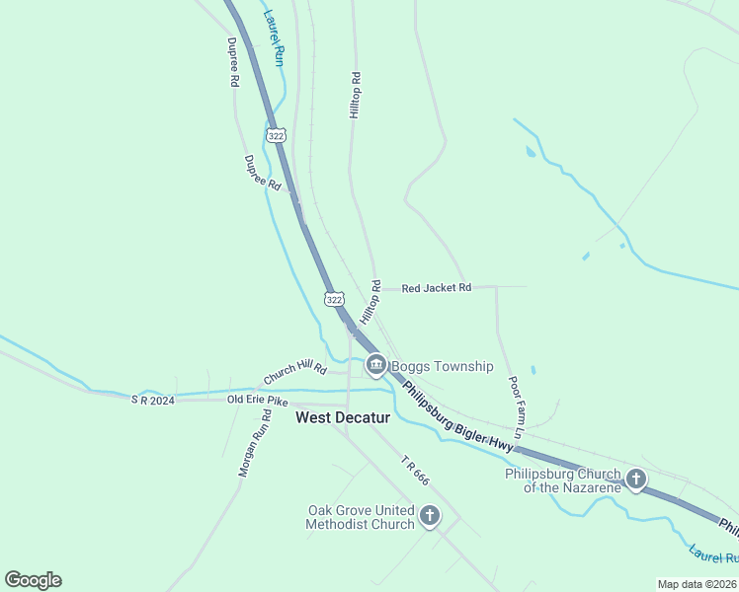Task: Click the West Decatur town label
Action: [343, 418]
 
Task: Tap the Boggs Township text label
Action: [442, 367]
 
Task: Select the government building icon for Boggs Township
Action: [375, 367]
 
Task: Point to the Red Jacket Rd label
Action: [436, 288]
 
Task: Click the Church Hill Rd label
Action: [294, 373]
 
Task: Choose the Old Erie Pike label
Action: [258, 400]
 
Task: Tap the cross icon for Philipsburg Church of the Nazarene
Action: [636, 481]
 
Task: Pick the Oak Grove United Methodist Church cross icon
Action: [430, 515]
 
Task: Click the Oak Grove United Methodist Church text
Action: [361, 517]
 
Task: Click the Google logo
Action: [34, 580]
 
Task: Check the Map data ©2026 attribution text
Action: [697, 584]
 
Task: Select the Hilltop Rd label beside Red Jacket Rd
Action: [369, 303]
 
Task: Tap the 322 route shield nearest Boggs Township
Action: [335, 299]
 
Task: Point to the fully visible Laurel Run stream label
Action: [274, 37]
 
